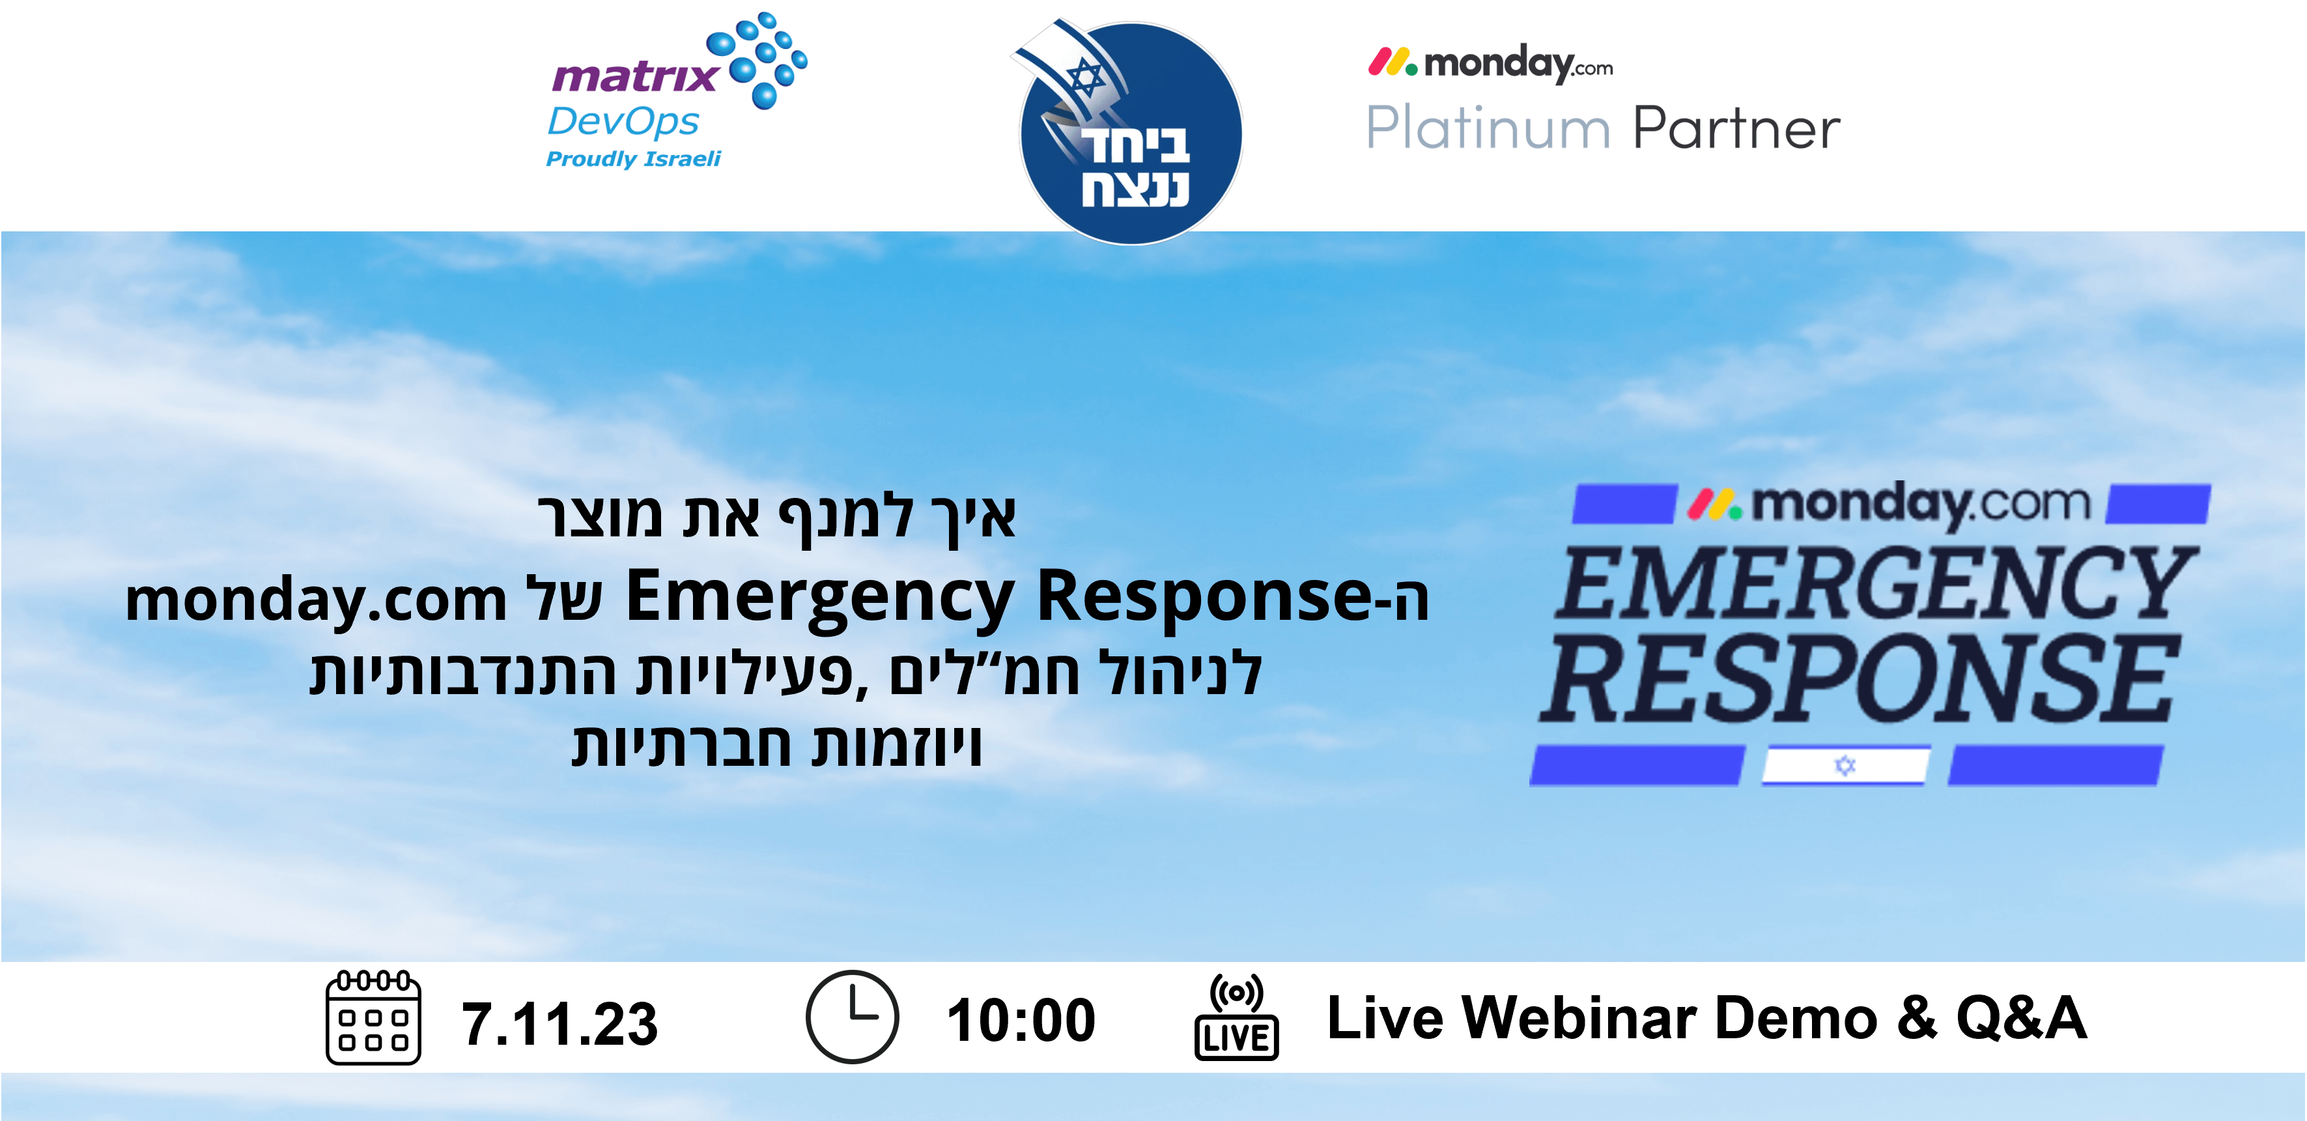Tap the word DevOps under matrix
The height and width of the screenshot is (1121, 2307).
(x=623, y=123)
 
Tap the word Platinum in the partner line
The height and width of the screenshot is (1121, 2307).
(x=1488, y=128)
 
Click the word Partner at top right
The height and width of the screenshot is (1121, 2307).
(x=1736, y=128)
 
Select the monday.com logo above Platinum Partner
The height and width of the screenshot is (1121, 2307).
(x=1490, y=64)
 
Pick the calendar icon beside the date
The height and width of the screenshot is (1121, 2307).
(x=373, y=1017)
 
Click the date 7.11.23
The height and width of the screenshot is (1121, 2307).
(x=559, y=1023)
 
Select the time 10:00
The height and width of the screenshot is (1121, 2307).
(x=1021, y=1020)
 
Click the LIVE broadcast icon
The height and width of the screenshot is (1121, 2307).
(x=1236, y=1018)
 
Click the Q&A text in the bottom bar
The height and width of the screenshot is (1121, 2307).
(x=2020, y=1018)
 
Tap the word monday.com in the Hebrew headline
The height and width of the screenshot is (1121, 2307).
(x=316, y=598)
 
